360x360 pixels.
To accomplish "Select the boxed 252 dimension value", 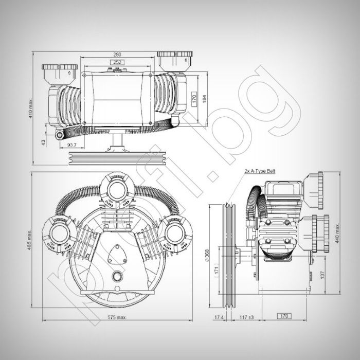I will click(x=119, y=62).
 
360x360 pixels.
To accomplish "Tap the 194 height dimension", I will click(x=205, y=99).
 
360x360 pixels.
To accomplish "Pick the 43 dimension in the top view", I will click(x=44, y=140).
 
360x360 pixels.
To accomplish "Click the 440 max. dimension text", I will click(x=337, y=234).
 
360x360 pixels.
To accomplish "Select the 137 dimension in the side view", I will click(x=322, y=276).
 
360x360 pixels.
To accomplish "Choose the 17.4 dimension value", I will click(x=218, y=317).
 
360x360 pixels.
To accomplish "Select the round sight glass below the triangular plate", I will click(x=120, y=275).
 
